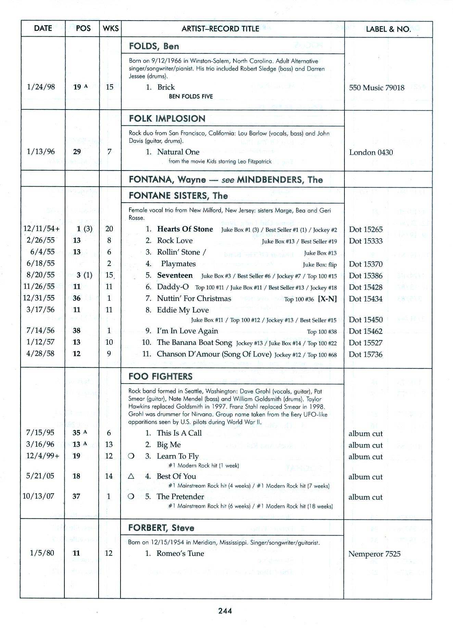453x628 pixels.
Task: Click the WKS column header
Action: pyautogui.click(x=110, y=29)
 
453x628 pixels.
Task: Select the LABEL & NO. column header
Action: pyautogui.click(x=388, y=29)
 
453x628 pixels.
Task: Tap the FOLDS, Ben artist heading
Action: pyautogui.click(x=154, y=46)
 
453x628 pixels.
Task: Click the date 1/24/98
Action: pyautogui.click(x=41, y=87)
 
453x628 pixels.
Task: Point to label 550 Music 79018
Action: pyautogui.click(x=377, y=88)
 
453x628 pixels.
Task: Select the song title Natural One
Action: pyautogui.click(x=178, y=152)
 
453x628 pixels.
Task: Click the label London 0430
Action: pyautogui.click(x=371, y=152)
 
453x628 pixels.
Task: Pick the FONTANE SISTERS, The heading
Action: pyautogui.click(x=178, y=196)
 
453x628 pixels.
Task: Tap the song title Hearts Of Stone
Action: pyautogui.click(x=185, y=229)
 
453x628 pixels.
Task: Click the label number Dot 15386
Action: pyautogui.click(x=366, y=276)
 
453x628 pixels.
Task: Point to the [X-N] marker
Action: pyautogui.click(x=327, y=299)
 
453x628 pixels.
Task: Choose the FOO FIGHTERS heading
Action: pyautogui.click(x=160, y=377)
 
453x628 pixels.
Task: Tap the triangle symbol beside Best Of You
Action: pyautogui.click(x=130, y=476)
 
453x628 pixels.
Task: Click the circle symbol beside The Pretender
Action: pyautogui.click(x=130, y=497)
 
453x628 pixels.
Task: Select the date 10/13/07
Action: pyautogui.click(x=38, y=496)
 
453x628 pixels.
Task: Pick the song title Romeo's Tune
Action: pyautogui.click(x=180, y=553)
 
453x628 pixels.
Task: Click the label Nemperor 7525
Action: pyautogui.click(x=374, y=554)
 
